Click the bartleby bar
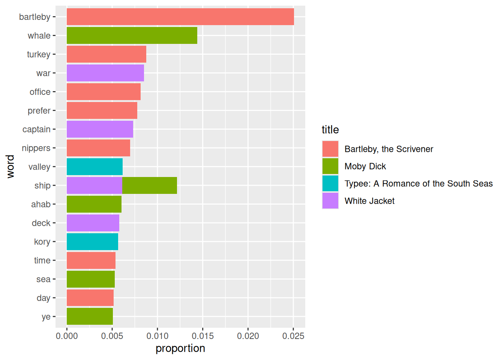[180, 17]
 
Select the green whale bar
[132, 36]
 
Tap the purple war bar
[105, 73]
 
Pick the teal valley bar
[94, 167]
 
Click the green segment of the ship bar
[150, 186]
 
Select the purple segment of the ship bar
[94, 186]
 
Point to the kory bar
[92, 242]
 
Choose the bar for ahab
[94, 204]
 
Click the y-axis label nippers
[36, 148]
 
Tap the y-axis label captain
[36, 129]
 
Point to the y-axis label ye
[46, 317]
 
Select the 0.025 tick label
[293, 336]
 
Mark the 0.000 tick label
[67, 336]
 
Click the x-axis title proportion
[180, 348]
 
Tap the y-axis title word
[10, 166]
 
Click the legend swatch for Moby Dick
[330, 166]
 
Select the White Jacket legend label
[369, 201]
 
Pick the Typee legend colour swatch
[330, 183]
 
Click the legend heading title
[330, 130]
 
